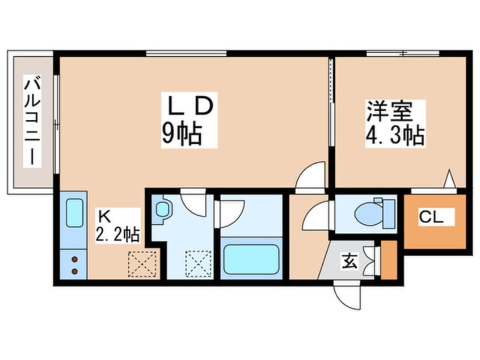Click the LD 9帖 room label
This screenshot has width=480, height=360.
190,120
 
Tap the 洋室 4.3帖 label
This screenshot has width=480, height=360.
395,123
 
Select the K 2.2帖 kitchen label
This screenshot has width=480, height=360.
117,225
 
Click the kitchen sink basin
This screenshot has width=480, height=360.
74,212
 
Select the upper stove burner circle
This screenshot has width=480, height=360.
74,259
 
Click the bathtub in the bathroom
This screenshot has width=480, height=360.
251,259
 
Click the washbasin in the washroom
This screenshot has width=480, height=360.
162,210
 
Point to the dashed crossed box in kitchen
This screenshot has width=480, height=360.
142,264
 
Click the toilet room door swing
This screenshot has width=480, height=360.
316,215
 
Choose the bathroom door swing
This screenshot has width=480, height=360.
231,214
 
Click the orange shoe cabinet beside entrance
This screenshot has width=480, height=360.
389,260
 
